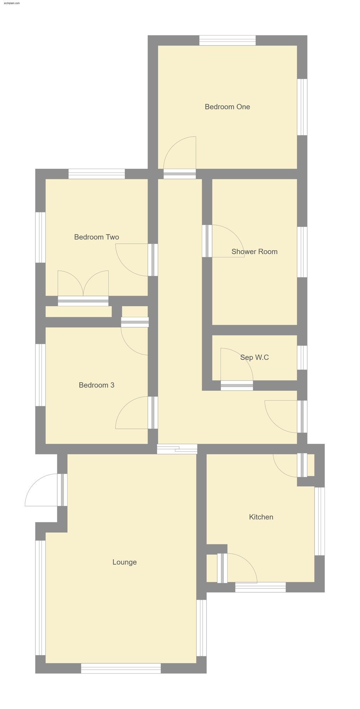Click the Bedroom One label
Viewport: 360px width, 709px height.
(x=227, y=107)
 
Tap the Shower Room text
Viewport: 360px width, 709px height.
(x=254, y=252)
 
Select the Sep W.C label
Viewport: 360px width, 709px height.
(x=254, y=357)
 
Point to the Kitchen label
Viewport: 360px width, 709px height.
(x=261, y=517)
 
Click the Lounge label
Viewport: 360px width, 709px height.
(x=124, y=562)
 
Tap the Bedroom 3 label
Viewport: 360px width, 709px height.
(x=96, y=385)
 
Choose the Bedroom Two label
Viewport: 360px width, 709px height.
(x=96, y=237)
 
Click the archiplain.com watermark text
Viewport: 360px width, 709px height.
(x=12, y=3)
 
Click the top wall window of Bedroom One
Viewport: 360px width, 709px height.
(x=227, y=40)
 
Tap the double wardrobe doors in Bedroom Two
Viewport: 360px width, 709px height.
(x=83, y=284)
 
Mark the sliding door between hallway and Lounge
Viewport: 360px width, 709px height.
(x=177, y=449)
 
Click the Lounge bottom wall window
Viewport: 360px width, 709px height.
(x=121, y=668)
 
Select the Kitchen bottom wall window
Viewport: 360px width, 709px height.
(x=260, y=587)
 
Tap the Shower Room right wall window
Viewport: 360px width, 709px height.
(x=302, y=252)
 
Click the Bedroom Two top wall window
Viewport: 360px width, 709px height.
(x=96, y=174)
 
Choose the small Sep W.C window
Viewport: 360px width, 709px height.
(x=302, y=357)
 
